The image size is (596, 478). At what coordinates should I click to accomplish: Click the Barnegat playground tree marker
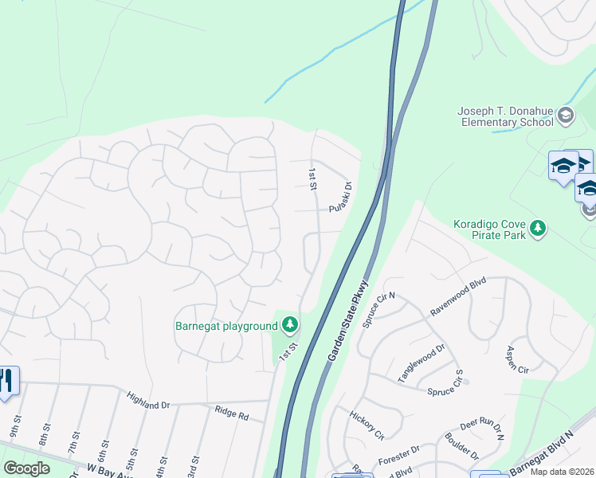pos(290,324)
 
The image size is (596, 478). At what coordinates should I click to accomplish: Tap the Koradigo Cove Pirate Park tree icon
pos(539,229)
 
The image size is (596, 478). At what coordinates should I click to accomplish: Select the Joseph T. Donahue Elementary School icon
pos(566,116)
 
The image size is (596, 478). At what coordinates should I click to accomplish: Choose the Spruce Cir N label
pos(379,309)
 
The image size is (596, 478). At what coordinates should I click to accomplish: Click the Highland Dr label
pos(149,400)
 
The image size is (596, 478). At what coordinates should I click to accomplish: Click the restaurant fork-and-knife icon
pos(7,382)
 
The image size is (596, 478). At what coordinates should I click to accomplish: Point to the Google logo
pos(27,468)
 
